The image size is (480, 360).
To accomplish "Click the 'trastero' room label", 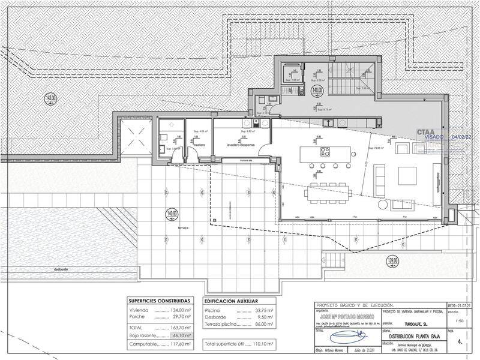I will click(x=199, y=145).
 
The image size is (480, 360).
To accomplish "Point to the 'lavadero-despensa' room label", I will click(x=241, y=145).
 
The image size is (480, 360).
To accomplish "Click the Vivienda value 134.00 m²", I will click(x=180, y=311).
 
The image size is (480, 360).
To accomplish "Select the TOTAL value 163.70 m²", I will click(x=180, y=328).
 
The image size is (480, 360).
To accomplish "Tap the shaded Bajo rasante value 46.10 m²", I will click(x=180, y=336).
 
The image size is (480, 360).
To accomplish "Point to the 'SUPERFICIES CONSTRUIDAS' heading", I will click(x=160, y=301).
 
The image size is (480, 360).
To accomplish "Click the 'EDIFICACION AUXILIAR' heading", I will click(x=232, y=301).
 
